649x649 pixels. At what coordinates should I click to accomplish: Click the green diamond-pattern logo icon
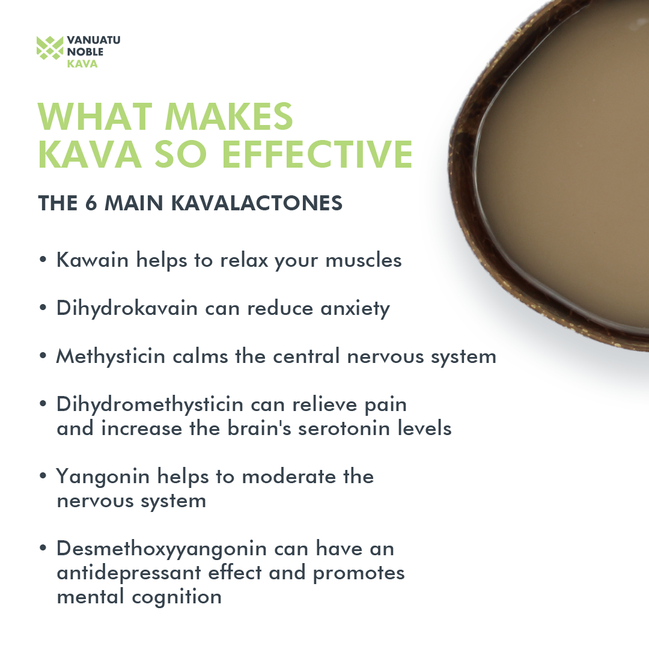[50, 48]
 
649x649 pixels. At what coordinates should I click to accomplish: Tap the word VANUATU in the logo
[94, 40]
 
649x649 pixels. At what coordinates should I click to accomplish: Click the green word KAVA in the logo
[82, 64]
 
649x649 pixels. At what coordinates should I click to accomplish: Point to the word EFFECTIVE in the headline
[317, 154]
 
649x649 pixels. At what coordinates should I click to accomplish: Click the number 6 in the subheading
[91, 203]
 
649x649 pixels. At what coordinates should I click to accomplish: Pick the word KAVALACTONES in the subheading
[257, 203]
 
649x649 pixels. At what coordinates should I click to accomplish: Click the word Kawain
[93, 260]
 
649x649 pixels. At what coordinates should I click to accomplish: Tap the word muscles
[364, 261]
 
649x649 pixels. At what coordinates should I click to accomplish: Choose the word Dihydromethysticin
[150, 405]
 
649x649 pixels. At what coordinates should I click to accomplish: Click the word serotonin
[344, 429]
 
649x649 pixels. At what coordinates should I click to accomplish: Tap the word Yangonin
[103, 477]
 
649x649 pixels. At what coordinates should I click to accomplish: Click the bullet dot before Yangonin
[43, 475]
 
